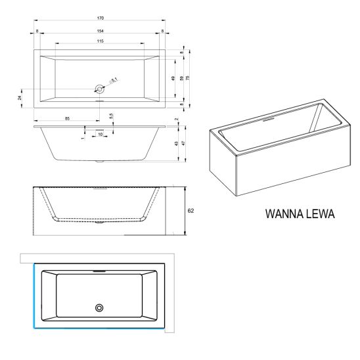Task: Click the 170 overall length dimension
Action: [x=101, y=18]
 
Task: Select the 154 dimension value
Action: [x=101, y=31]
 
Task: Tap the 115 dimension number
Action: [x=101, y=41]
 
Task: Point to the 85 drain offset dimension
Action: [x=67, y=118]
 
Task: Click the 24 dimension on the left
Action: [x=20, y=98]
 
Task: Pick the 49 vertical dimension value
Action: [x=173, y=78]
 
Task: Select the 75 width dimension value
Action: [x=188, y=78]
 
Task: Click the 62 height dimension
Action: [x=191, y=210]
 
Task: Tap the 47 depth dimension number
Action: [x=183, y=143]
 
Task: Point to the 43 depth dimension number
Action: [x=176, y=143]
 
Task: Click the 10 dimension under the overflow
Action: [x=101, y=134]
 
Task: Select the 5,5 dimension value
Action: [x=111, y=116]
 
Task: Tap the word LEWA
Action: [x=321, y=214]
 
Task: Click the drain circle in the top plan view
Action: [x=99, y=89]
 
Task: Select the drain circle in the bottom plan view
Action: [x=99, y=308]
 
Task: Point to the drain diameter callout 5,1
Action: [x=114, y=81]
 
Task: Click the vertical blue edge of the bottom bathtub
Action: [x=34, y=296]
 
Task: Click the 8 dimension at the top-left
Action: [x=37, y=31]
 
